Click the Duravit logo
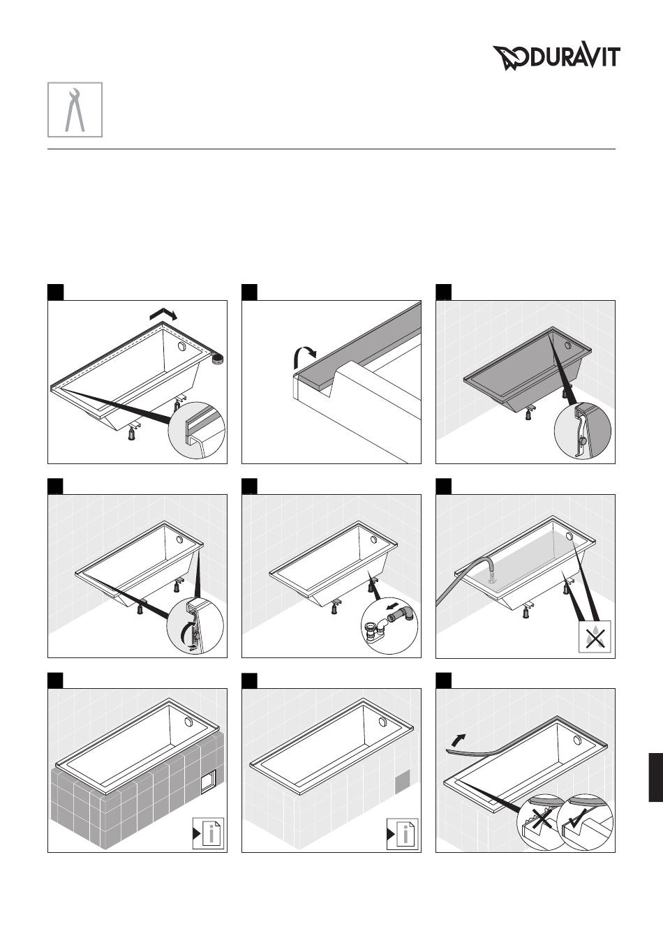coord(556,57)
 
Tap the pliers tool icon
coord(75,110)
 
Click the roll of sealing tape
coord(216,358)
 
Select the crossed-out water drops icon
coord(595,636)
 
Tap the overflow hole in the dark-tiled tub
coord(188,721)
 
